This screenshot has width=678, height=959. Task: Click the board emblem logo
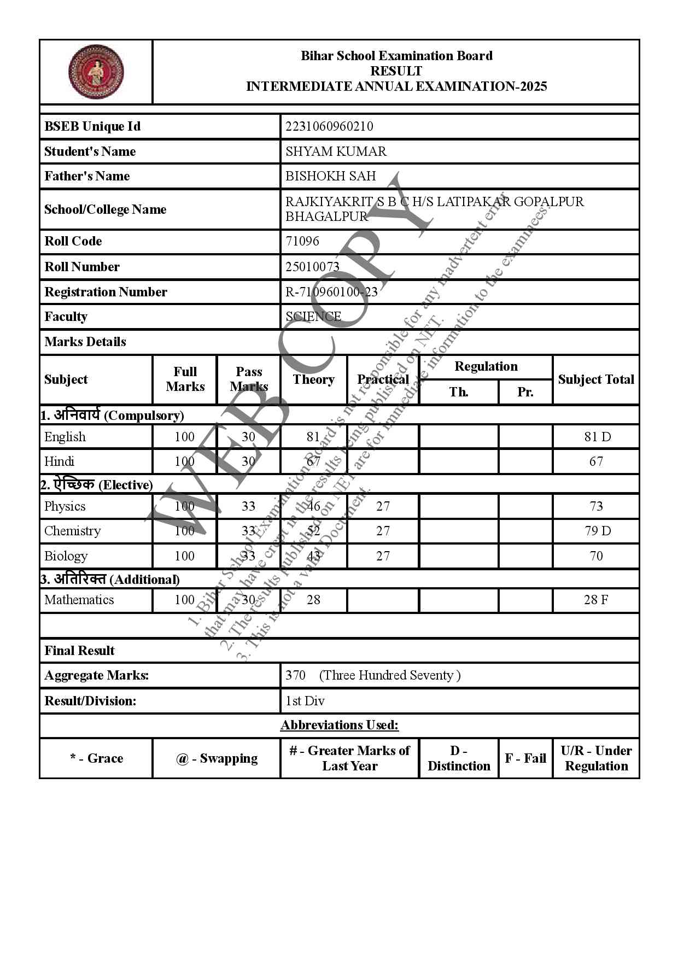(96, 72)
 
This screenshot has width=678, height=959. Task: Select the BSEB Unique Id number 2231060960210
(329, 126)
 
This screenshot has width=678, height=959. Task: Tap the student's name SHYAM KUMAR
(336, 151)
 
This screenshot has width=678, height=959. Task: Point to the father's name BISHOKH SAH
(330, 176)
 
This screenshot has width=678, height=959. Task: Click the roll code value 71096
(302, 241)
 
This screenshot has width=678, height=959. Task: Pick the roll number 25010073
(312, 267)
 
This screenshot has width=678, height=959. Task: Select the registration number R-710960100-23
(331, 292)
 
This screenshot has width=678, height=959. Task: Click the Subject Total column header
(596, 379)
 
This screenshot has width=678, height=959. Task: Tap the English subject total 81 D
(597, 437)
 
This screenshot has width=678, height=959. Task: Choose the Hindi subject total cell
(596, 461)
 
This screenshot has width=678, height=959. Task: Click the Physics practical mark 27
(383, 506)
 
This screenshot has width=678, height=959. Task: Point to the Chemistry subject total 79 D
(597, 531)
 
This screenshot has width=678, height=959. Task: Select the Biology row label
(66, 556)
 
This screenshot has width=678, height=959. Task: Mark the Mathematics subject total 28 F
(596, 600)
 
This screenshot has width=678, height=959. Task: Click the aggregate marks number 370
(295, 675)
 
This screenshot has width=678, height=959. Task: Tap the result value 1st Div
(305, 701)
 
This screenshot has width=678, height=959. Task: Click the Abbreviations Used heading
(340, 725)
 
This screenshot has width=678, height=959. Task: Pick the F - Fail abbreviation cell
(525, 758)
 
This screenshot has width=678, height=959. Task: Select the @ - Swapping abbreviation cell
(217, 758)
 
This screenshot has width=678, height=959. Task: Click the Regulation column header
(486, 366)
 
